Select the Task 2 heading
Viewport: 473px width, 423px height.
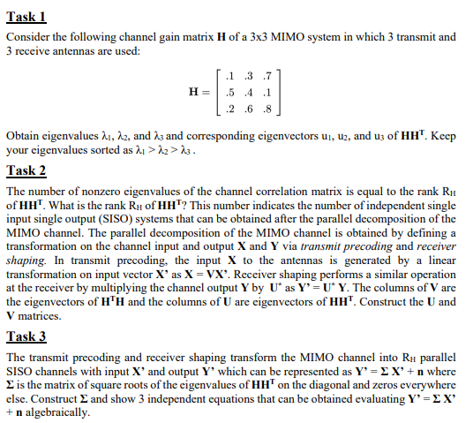[x=26, y=170]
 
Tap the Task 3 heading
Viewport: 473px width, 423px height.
[x=26, y=336]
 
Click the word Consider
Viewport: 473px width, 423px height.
[x=26, y=37]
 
